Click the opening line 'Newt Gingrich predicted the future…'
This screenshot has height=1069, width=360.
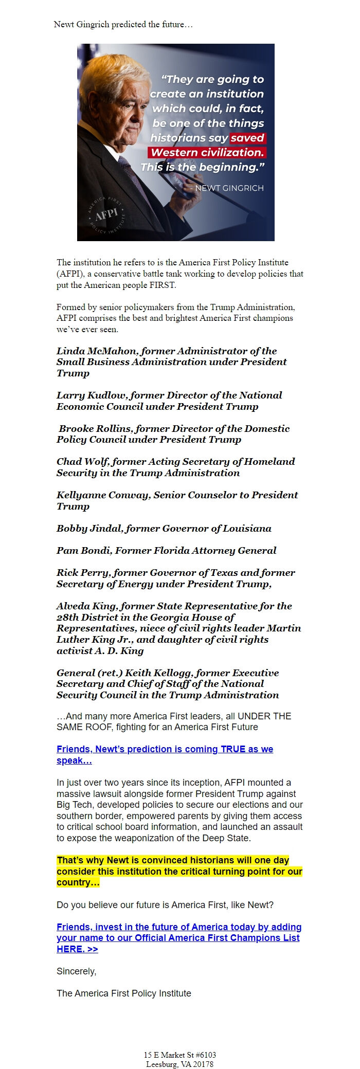123,24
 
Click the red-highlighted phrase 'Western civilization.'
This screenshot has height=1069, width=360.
207,152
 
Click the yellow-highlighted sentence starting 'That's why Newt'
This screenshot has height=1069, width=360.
179,871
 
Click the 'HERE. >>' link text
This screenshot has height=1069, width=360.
77,949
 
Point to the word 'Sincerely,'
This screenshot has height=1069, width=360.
76,971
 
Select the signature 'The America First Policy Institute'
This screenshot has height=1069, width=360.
123,993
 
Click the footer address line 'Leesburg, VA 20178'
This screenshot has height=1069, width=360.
179,1064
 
